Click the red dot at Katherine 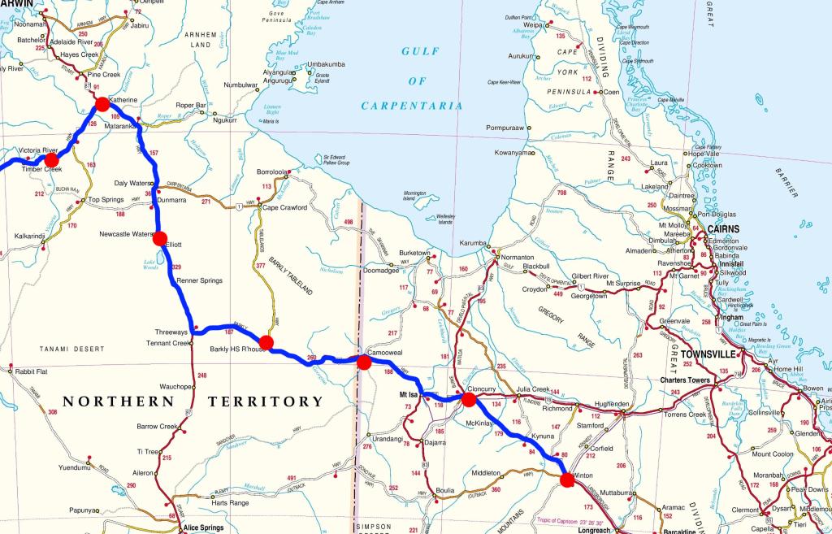point(102,104)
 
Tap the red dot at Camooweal point(364,362)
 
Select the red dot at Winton point(567,480)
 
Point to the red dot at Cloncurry point(469,400)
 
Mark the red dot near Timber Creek point(51,160)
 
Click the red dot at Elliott point(160,238)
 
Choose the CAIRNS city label point(723,229)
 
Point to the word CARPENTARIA point(412,106)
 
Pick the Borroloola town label point(272,172)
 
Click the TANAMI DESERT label point(71,349)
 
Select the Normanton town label point(518,257)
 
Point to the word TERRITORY point(266,402)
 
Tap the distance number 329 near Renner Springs point(177,267)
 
